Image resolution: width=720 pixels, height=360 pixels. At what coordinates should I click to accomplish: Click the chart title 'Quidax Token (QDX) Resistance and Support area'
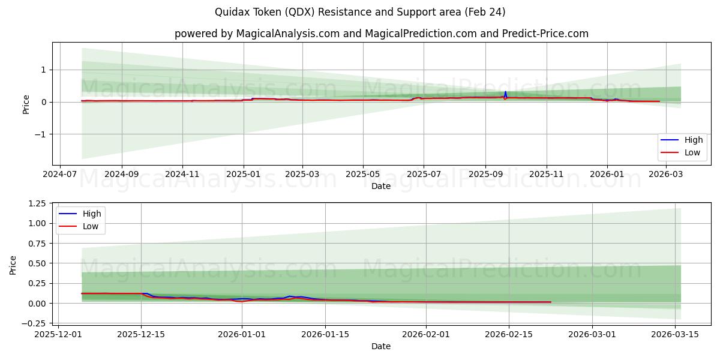pyautogui.click(x=360, y=12)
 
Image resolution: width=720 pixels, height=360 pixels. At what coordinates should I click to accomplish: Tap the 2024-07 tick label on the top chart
pyautogui.click(x=60, y=175)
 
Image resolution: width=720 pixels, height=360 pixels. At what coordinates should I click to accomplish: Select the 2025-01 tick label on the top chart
pyautogui.click(x=244, y=175)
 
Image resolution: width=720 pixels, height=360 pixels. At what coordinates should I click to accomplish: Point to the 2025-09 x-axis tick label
pyautogui.click(x=485, y=175)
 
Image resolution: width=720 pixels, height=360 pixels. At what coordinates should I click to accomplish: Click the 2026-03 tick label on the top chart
pyautogui.click(x=665, y=175)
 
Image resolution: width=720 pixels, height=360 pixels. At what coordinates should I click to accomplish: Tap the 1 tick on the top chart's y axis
pyautogui.click(x=44, y=70)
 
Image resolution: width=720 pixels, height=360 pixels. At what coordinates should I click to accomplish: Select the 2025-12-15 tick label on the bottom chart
pyautogui.click(x=141, y=335)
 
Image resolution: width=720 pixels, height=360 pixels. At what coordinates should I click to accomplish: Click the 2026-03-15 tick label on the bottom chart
pyautogui.click(x=676, y=335)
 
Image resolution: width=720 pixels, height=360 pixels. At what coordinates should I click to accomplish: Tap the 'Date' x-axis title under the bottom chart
pyautogui.click(x=381, y=346)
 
